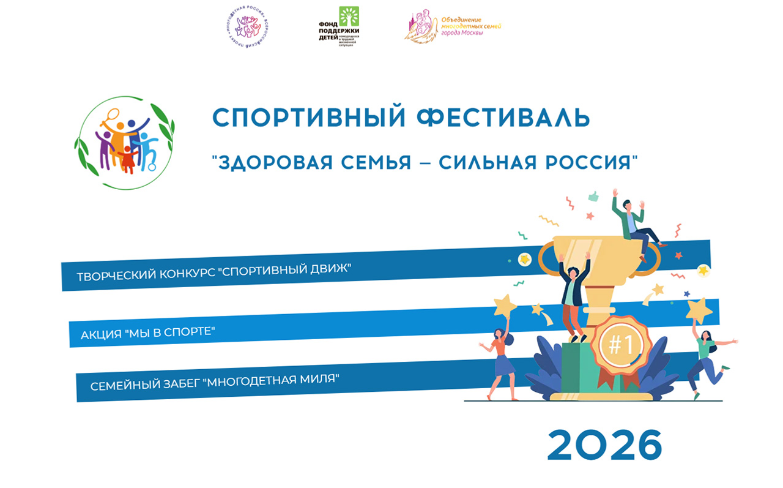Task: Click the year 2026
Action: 604,445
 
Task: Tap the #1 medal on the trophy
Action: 620,345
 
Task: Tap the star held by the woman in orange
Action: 505,304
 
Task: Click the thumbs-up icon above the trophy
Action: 592,197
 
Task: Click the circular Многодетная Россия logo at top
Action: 248,28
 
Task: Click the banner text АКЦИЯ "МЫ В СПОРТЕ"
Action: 149,334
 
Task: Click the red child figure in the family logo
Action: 128,159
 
